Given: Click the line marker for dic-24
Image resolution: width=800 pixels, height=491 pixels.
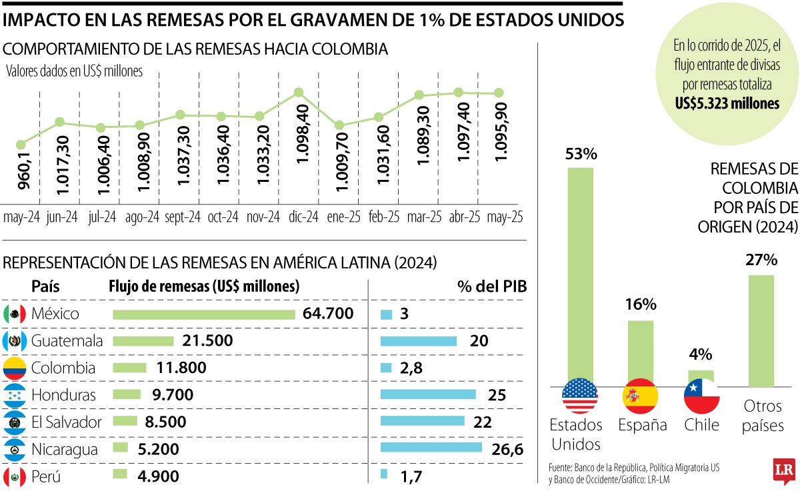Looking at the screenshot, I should [299, 93].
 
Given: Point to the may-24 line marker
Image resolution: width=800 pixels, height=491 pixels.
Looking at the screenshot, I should [21, 144].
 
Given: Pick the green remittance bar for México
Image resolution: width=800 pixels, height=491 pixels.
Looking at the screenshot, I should [204, 314].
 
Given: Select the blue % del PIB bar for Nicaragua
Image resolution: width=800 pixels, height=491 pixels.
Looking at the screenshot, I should [431, 448].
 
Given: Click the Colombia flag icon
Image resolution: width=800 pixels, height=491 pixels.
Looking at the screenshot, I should [15, 368].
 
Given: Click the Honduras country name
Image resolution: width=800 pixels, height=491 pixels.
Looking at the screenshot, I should [63, 394].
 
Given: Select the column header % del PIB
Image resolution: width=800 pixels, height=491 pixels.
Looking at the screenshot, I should [492, 286].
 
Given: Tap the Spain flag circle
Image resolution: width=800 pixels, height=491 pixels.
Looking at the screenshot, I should [640, 396].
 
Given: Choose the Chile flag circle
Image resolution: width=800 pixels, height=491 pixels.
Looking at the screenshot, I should [701, 396].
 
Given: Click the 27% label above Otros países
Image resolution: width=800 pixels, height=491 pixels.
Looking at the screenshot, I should [761, 260].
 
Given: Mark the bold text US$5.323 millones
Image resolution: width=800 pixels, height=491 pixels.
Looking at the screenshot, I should [727, 103].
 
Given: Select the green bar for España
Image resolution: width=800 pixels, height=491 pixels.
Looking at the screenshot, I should [641, 353].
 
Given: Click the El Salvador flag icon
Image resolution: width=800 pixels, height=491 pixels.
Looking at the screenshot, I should [15, 422].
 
